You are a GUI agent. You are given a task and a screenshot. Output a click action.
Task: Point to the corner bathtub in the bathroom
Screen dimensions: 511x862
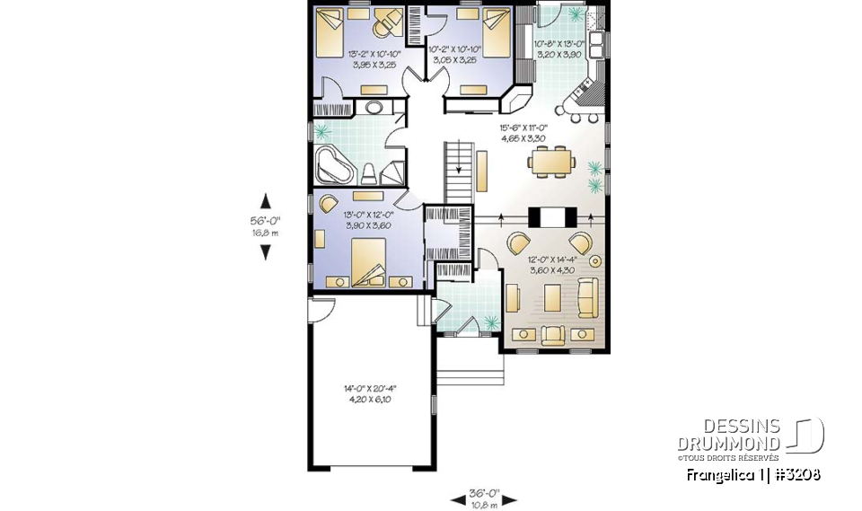coord(336,165)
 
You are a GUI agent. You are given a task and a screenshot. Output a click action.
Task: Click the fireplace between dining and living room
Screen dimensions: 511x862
coord(549,217)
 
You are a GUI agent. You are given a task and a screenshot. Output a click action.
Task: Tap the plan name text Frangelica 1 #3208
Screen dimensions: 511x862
coord(752,474)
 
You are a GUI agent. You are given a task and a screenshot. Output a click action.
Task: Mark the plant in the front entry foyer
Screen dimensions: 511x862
coord(489,322)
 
